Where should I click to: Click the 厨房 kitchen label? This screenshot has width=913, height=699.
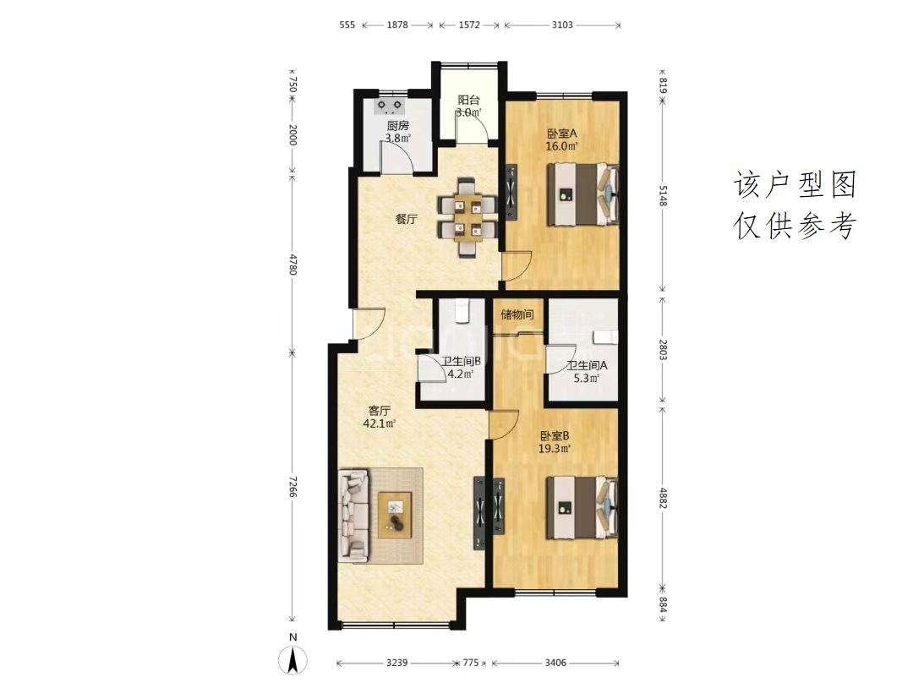[398, 125]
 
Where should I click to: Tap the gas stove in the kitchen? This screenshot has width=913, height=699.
[390, 106]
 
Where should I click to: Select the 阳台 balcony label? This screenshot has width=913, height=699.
[468, 100]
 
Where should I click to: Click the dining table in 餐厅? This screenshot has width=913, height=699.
[467, 218]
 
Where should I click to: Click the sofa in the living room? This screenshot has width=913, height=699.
[353, 516]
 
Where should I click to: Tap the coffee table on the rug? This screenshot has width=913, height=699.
[395, 515]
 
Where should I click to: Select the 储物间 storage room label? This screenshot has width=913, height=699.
[517, 315]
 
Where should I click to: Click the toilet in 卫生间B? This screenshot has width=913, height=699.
[462, 309]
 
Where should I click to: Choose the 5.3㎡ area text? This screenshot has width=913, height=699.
[587, 379]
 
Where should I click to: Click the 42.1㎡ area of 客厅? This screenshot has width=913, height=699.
[379, 423]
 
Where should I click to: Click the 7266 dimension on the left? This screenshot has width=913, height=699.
[292, 487]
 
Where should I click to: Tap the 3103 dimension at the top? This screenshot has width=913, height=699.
[562, 25]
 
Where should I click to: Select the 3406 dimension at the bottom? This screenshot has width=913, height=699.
[555, 663]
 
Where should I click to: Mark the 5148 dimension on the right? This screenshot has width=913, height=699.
[663, 195]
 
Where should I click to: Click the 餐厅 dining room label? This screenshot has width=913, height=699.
[407, 220]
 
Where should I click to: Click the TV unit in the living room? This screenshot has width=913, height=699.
[479, 513]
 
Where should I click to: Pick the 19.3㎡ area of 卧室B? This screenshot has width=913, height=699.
[554, 449]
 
